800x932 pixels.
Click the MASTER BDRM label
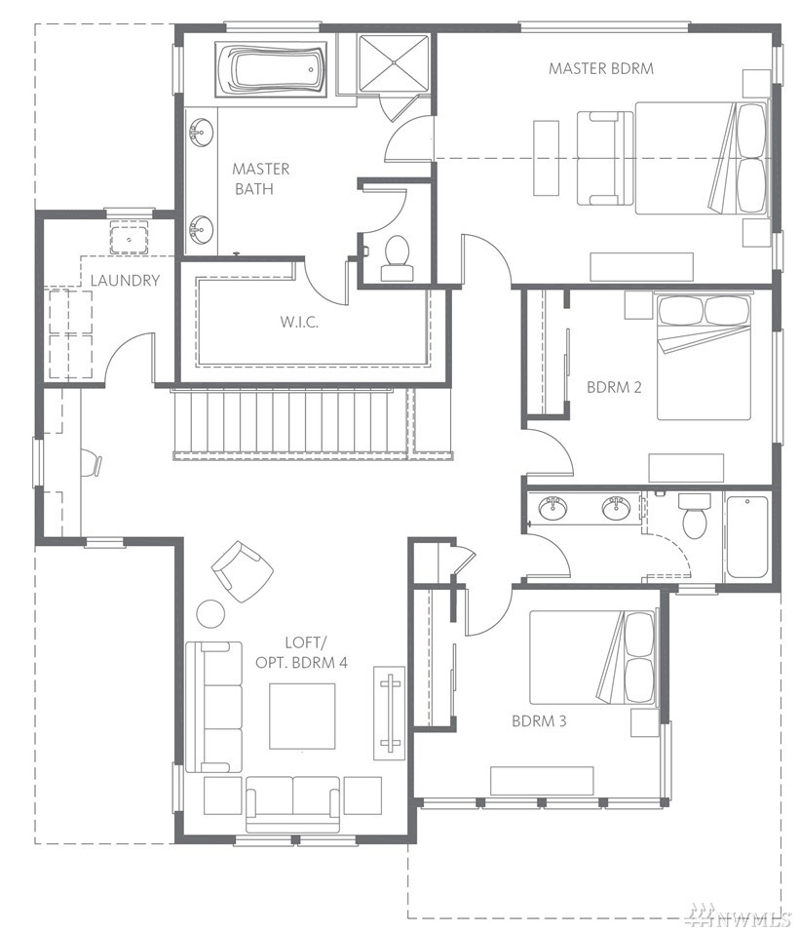point(600,68)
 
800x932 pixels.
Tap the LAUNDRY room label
point(125,280)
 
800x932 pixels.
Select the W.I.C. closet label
point(299,322)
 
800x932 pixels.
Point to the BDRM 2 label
point(614,388)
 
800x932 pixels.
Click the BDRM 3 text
point(539,721)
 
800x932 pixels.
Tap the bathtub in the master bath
point(272,69)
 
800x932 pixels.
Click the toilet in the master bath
point(397,258)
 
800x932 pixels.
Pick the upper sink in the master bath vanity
point(202,132)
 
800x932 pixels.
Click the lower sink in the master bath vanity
point(202,229)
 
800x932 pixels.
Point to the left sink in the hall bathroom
point(552,508)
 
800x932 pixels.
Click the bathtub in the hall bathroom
point(746,537)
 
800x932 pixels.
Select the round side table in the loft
point(210,614)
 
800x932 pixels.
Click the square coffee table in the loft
point(302,717)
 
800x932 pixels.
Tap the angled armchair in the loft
point(243,572)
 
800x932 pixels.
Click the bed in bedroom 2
point(704,356)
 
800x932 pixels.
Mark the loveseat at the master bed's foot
point(605,158)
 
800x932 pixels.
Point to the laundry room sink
point(129,238)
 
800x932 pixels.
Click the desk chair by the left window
point(91,464)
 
